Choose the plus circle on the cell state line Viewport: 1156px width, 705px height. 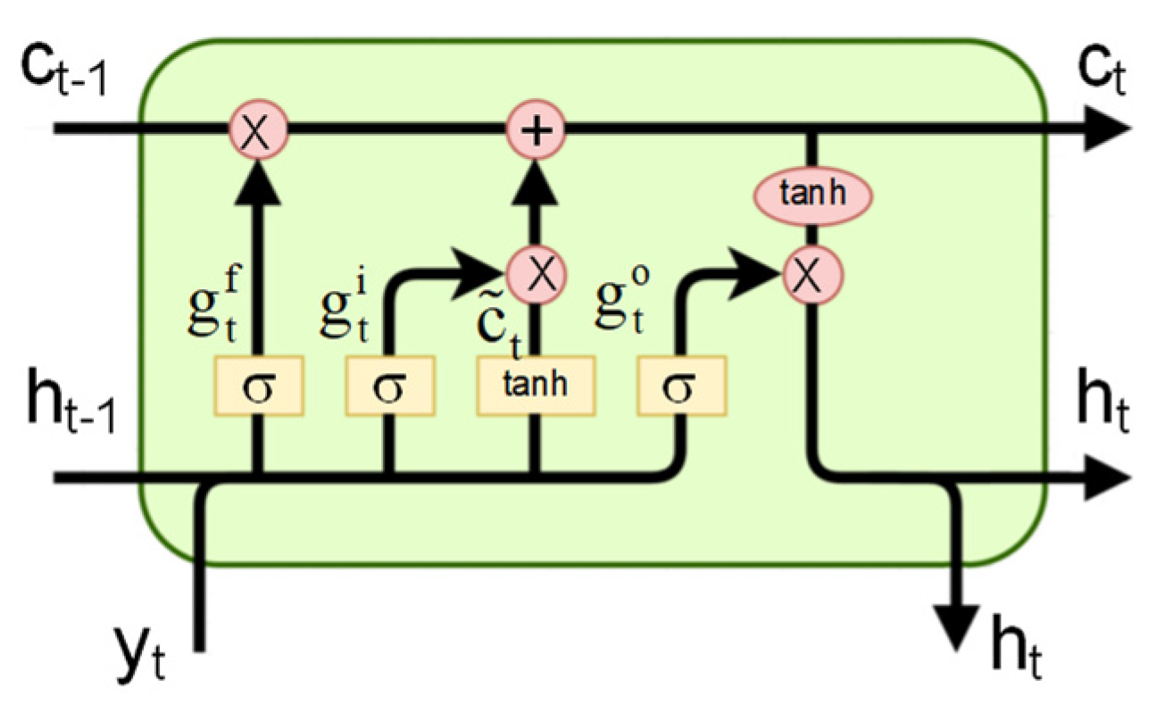[536, 132]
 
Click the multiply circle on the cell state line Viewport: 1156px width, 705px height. [258, 132]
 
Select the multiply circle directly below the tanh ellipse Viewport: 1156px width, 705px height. [811, 275]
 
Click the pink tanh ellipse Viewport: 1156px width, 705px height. [812, 193]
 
